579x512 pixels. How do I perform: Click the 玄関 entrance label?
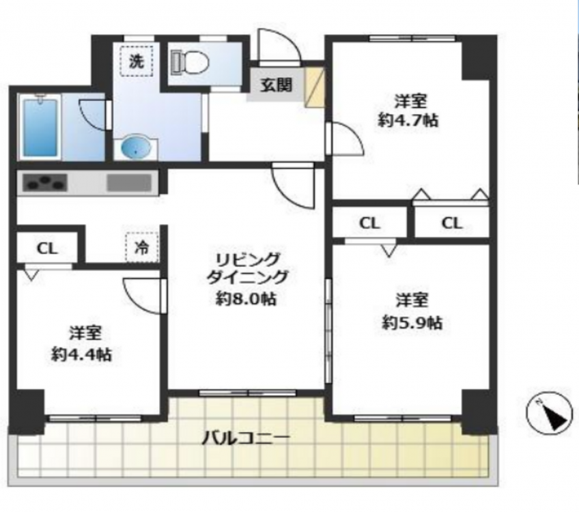277,85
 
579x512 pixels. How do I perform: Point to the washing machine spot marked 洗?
137,61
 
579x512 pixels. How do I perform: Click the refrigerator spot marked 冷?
142,247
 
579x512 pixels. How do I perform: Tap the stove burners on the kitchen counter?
45,183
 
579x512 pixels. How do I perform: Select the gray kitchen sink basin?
129,183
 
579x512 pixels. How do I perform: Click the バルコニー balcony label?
246,438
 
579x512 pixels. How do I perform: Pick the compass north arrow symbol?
552,413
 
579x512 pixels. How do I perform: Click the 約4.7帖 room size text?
408,120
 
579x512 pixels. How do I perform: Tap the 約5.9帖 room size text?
412,323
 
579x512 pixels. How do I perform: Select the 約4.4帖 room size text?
82,354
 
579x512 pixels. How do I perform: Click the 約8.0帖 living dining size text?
246,299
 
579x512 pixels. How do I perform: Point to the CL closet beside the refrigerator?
47,248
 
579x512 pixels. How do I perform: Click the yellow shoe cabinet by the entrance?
315,87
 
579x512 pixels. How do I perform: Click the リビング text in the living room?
248,259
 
